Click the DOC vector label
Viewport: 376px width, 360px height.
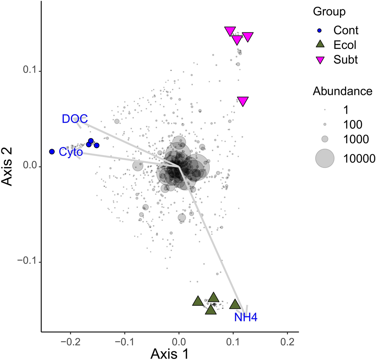(x=75, y=119)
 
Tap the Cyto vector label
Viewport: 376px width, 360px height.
(x=70, y=152)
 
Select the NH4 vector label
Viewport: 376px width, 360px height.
(x=246, y=318)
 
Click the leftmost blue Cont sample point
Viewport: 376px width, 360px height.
(x=52, y=151)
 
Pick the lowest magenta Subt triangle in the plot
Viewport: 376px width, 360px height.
(x=243, y=101)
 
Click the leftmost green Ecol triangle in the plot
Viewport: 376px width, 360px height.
(x=198, y=301)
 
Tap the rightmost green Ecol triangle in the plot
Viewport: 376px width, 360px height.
(x=235, y=304)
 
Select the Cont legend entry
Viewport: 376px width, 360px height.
(x=346, y=30)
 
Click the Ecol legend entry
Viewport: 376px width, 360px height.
(x=345, y=45)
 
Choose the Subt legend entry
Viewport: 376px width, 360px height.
(x=346, y=60)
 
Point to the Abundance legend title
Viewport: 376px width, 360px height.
(x=342, y=91)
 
